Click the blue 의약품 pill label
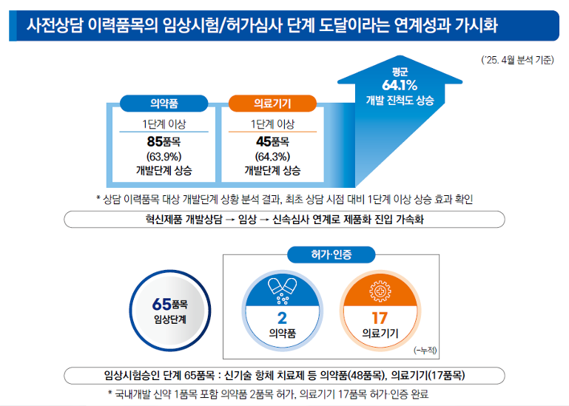[164, 104]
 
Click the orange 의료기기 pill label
[272, 104]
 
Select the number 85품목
[164, 141]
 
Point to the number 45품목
[272, 141]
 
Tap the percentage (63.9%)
[164, 156]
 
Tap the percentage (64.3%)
[272, 156]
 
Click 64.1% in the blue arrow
[400, 85]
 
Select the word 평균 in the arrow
[400, 71]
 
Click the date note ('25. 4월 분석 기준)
[515, 61]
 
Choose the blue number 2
[282, 319]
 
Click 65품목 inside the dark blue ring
[168, 304]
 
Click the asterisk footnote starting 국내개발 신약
[267, 394]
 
